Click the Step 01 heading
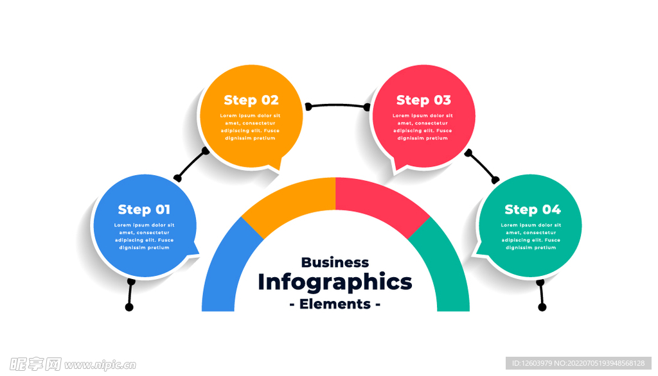[144, 210]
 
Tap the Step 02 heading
[251, 100]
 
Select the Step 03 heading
[423, 100]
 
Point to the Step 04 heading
[532, 210]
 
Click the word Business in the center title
[335, 262]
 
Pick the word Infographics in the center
[335, 282]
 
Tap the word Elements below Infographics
[335, 304]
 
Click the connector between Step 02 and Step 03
[337, 105]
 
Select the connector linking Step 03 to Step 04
[482, 166]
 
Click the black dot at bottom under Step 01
[129, 307]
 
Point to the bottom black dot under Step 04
[542, 307]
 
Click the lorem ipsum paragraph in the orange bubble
[250, 127]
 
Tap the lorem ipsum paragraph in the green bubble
[531, 236]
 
